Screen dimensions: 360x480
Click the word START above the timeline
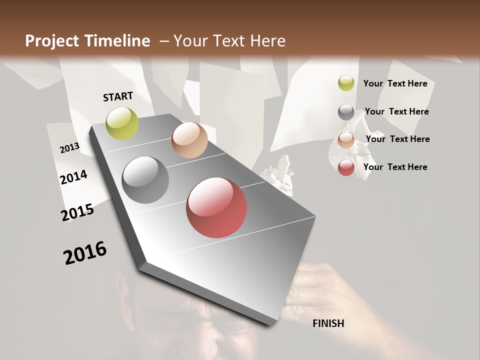click(118, 96)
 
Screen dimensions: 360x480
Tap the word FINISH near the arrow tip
click(328, 323)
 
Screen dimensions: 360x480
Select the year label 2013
click(69, 148)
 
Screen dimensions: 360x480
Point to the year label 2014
click(73, 177)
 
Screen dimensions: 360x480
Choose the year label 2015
click(77, 212)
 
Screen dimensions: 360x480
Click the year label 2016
click(85, 253)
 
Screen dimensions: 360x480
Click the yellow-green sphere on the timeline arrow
click(122, 123)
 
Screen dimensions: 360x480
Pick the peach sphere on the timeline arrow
click(189, 140)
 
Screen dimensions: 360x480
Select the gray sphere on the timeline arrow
click(145, 180)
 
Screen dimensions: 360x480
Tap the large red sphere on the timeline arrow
click(216, 207)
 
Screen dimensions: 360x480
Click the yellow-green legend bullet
click(346, 83)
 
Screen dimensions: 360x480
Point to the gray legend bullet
click(346, 112)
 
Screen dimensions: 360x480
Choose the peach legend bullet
click(346, 140)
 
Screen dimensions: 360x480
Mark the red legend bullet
click(346, 167)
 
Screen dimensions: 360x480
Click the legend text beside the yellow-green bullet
click(395, 83)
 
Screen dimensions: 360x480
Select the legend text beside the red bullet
click(395, 167)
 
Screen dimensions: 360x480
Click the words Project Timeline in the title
click(87, 41)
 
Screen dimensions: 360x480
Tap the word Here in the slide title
click(267, 41)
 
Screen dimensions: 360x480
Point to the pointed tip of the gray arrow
click(272, 324)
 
